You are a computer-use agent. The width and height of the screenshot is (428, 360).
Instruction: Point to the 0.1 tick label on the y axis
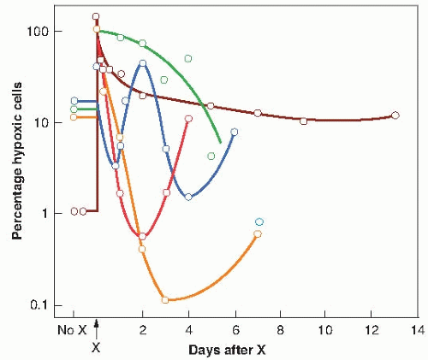point(45,305)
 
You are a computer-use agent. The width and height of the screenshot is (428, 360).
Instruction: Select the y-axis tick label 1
point(53,214)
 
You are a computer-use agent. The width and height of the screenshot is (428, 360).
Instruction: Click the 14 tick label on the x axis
point(418,330)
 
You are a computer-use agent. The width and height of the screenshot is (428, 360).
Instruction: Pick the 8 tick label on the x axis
point(280,330)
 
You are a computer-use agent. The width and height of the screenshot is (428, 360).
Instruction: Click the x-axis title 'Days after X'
point(245,350)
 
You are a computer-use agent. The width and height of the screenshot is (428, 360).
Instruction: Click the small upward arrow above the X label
point(97,325)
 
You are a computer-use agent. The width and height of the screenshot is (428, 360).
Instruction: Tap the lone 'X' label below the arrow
point(97,348)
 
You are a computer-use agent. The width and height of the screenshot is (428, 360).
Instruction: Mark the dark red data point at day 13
point(395,115)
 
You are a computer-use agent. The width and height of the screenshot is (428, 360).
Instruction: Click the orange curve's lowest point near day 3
point(165,300)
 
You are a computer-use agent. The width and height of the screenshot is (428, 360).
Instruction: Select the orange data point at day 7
point(258,234)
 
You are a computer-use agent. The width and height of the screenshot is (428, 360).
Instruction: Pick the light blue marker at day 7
point(259,221)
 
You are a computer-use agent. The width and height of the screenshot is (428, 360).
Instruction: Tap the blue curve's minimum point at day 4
point(188,197)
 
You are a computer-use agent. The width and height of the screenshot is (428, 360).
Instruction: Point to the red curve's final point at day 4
point(188,119)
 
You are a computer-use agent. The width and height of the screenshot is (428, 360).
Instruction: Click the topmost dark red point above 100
point(96,16)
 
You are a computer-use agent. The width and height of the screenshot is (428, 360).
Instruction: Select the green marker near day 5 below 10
point(211,156)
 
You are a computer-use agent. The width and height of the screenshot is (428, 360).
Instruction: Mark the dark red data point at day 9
point(303,121)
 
